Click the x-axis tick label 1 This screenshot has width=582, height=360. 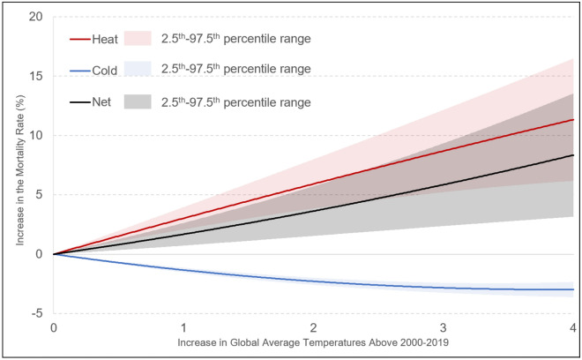[183, 327]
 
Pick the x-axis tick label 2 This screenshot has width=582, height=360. [314, 327]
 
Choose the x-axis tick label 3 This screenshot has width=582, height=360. [444, 327]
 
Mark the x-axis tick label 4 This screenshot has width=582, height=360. [573, 327]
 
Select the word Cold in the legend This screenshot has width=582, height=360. [107, 70]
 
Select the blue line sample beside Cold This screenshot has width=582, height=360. [79, 70]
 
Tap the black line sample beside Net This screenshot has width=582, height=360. [79, 102]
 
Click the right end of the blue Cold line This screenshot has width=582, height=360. [573, 289]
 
